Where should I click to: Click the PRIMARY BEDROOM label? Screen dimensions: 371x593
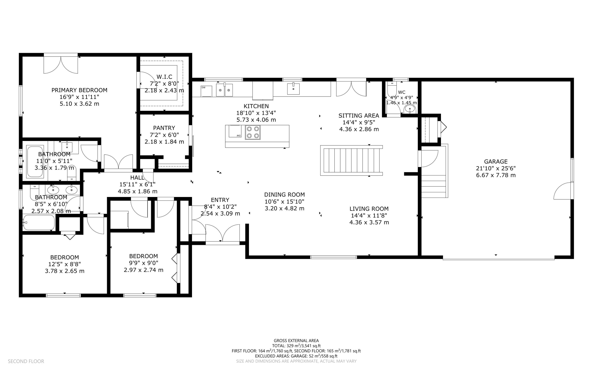click(x=79, y=90)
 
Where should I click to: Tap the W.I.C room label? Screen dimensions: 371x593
click(x=164, y=77)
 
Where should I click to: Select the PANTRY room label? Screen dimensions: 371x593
click(x=164, y=128)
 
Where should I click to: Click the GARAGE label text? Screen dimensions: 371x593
click(x=496, y=162)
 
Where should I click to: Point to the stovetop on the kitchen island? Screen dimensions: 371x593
click(x=252, y=132)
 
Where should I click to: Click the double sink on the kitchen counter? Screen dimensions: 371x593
click(x=225, y=90)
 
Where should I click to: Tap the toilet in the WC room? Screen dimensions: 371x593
click(x=392, y=88)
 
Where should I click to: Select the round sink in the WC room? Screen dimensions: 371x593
click(x=410, y=109)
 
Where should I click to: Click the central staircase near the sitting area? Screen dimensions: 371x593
click(x=351, y=160)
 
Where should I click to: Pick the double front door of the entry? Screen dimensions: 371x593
click(x=222, y=234)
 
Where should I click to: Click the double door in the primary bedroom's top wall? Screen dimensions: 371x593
click(x=61, y=64)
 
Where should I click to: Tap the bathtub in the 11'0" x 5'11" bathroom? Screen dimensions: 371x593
click(x=35, y=162)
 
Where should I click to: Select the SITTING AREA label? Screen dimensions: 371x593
click(x=359, y=116)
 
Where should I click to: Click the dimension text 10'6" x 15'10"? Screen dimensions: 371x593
click(x=284, y=202)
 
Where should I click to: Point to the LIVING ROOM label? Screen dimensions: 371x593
click(x=369, y=209)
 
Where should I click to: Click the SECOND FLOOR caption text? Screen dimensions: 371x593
click(x=26, y=361)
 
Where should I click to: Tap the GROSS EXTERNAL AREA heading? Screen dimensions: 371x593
click(x=296, y=341)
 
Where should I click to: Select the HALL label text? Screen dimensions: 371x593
click(x=137, y=178)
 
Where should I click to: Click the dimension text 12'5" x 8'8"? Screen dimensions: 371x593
click(x=65, y=264)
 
